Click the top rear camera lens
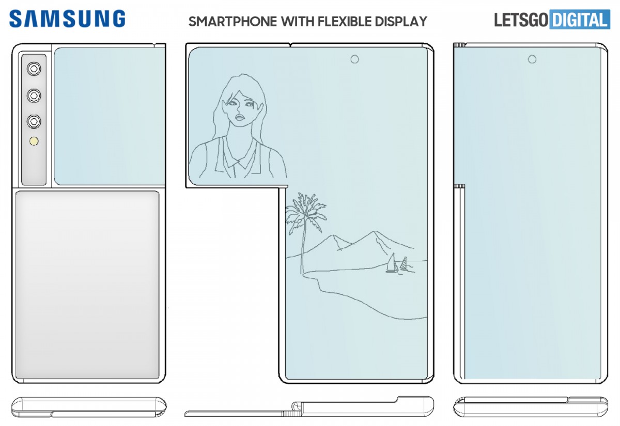pyautogui.click(x=35, y=68)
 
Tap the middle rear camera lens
pyautogui.click(x=35, y=95)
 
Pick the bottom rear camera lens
pyautogui.click(x=35, y=121)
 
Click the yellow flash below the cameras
pyautogui.click(x=35, y=141)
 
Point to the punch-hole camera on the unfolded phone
pyautogui.click(x=354, y=59)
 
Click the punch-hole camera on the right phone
pyautogui.click(x=532, y=59)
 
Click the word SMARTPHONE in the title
pyautogui.click(x=232, y=22)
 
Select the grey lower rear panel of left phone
pyautogui.click(x=87, y=284)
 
